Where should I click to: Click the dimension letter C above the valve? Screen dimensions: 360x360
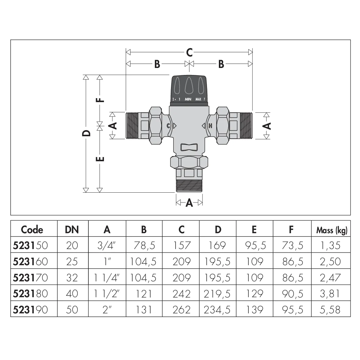coord(189,52)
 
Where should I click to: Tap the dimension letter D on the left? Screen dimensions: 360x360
coord(87,133)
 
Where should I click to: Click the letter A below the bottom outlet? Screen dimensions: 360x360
coord(189,202)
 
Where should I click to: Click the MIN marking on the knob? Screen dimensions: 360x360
coord(188,99)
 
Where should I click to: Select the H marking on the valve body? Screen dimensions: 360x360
coord(210,126)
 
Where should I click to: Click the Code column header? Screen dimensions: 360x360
coord(32,230)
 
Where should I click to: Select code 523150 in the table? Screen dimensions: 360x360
coord(31,245)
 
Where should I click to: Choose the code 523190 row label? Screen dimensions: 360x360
coord(31,310)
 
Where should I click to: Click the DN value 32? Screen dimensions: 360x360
coord(72,278)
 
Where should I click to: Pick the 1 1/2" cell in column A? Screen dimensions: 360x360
coord(107,294)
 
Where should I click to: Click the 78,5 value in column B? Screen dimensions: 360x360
coord(144,245)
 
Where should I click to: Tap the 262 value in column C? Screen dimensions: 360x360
coord(181,310)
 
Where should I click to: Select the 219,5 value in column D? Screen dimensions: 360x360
coord(218,294)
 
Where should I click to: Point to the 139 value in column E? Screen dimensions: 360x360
coord(254,310)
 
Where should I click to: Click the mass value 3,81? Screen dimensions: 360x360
coord(331,294)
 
